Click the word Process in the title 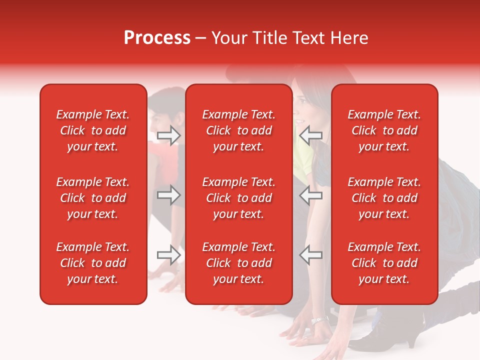157,38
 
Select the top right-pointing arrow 168,135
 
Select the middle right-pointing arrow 168,195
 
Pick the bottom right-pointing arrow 168,255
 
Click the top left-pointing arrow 310,135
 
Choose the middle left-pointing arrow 310,195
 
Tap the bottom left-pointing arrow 310,255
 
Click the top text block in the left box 93,130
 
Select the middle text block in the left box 93,198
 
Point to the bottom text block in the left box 93,263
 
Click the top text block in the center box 238,130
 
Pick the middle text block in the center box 238,198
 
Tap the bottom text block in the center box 238,263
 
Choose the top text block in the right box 384,130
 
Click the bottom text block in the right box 384,263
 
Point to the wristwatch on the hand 319,320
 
